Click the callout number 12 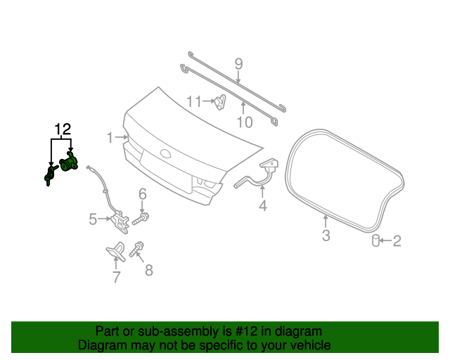pyautogui.click(x=63, y=129)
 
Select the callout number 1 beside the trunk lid pyautogui.click(x=110, y=138)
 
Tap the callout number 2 pyautogui.click(x=397, y=242)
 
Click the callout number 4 pyautogui.click(x=93, y=219)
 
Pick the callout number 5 pyautogui.click(x=142, y=193)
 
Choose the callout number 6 pyautogui.click(x=117, y=277)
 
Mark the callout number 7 pyautogui.click(x=148, y=270)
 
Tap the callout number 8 pyautogui.click(x=238, y=64)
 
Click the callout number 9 pyautogui.click(x=243, y=122)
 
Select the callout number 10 pyautogui.click(x=195, y=102)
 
